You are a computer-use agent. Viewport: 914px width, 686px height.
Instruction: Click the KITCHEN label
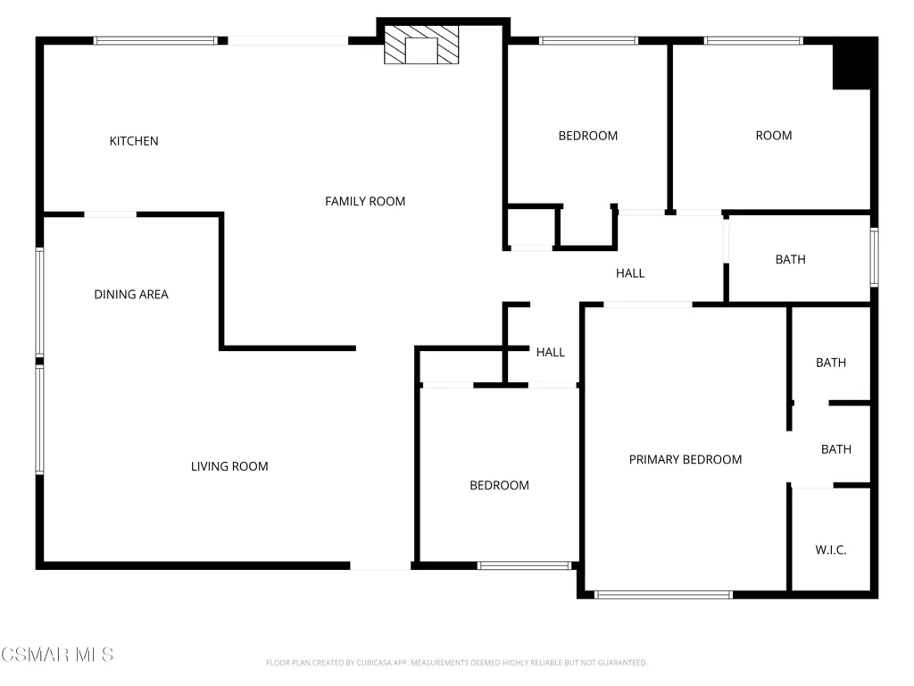134,141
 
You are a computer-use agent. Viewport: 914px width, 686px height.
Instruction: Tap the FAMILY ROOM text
364,202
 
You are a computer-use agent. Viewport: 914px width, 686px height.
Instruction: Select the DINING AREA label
131,295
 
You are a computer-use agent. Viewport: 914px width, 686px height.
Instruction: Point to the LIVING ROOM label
229,466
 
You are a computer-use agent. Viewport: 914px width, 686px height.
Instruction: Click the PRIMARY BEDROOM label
685,460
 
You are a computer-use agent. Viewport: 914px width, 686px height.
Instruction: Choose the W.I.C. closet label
830,550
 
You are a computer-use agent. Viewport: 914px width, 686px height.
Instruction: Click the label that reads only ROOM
773,136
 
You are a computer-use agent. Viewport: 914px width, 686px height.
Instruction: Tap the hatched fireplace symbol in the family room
422,49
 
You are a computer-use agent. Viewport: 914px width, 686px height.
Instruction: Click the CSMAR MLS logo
57,655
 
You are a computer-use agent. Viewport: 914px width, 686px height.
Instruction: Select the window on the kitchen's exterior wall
155,40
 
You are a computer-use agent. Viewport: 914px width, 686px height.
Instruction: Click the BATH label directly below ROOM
790,260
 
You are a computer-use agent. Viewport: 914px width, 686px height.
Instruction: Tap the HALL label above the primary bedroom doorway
629,273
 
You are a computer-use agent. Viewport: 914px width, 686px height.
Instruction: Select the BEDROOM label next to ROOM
587,136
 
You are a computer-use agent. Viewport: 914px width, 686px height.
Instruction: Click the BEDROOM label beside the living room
499,486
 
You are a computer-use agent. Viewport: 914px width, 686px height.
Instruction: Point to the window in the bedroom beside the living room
524,565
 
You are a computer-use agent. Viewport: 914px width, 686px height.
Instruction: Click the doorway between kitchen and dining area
111,214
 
